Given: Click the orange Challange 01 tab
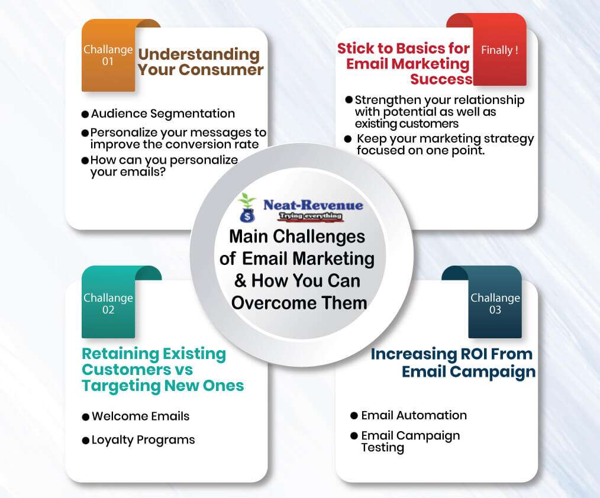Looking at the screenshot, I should [x=108, y=56].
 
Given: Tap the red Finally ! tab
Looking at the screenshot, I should [x=499, y=51].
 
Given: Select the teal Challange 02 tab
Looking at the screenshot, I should [x=108, y=303].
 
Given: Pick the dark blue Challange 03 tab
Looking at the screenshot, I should [x=495, y=303].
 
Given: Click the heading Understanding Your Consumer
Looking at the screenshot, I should [x=200, y=62].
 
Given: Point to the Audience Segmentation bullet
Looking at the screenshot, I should [x=163, y=114].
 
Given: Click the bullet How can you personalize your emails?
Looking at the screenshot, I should [x=164, y=166].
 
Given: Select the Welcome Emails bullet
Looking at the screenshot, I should [x=140, y=416].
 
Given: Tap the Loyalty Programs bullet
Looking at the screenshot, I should [x=143, y=440].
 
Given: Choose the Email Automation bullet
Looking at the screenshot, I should [x=414, y=415].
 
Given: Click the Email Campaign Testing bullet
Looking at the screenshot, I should [x=410, y=441].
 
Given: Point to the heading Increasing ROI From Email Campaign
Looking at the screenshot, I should [x=453, y=363].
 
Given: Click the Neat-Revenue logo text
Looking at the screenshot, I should [x=313, y=205].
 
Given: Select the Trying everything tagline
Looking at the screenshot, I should [x=313, y=216].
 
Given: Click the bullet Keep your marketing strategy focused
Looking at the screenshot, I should [x=444, y=144].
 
